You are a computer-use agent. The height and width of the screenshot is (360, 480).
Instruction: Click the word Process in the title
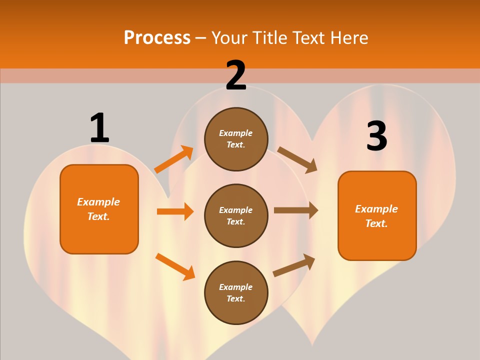(x=157, y=37)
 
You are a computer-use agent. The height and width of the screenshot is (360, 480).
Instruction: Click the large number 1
(x=99, y=127)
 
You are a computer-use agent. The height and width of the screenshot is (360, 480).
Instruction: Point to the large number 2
(x=236, y=75)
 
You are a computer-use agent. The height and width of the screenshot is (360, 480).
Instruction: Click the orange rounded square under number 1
(x=99, y=209)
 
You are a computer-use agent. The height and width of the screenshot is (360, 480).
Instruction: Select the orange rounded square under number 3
(x=377, y=216)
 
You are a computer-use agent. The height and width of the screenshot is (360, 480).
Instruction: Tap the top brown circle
(x=236, y=139)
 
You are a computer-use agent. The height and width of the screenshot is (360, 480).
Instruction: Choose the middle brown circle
(x=236, y=216)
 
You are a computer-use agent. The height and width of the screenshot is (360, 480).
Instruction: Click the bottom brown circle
(x=236, y=292)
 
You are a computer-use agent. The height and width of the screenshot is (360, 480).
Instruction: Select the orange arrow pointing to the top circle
(x=174, y=159)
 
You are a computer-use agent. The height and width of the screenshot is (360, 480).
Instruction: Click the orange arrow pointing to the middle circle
(x=175, y=211)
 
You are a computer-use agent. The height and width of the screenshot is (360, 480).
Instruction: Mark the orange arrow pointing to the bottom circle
(x=175, y=266)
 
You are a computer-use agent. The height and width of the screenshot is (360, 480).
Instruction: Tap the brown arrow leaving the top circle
(x=297, y=160)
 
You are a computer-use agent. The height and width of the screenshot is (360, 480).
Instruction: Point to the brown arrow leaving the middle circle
(x=296, y=210)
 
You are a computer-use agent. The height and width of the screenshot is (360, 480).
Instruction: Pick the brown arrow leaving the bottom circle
(x=294, y=265)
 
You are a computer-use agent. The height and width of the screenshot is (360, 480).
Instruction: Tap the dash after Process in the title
(x=200, y=39)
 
